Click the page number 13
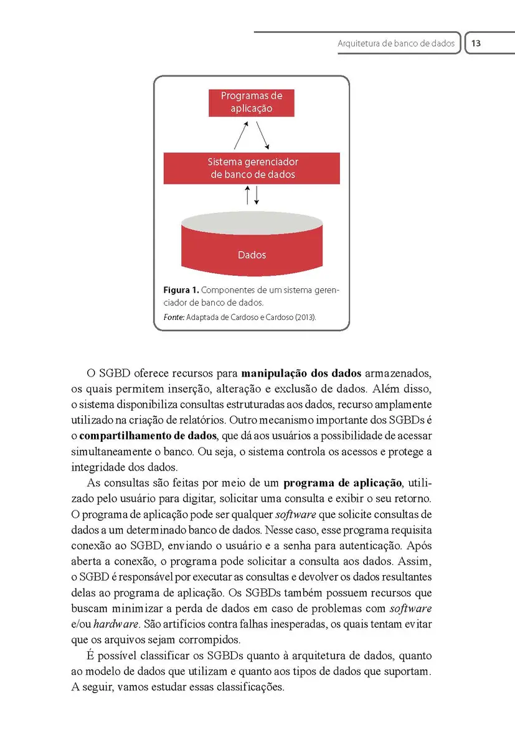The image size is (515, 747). tap(476, 44)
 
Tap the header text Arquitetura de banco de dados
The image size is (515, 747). tap(396, 44)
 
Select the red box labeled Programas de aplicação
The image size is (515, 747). tap(252, 102)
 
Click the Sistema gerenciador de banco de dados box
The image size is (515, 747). tap(252, 168)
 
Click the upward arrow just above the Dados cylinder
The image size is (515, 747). tap(248, 195)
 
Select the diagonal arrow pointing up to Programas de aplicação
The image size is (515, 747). tap(241, 134)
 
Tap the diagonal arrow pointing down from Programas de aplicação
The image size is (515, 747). tap(263, 134)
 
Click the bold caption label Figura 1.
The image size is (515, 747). tap(181, 290)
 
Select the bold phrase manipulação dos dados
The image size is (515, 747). tap(301, 374)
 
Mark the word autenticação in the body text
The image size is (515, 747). tap(397, 545)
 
